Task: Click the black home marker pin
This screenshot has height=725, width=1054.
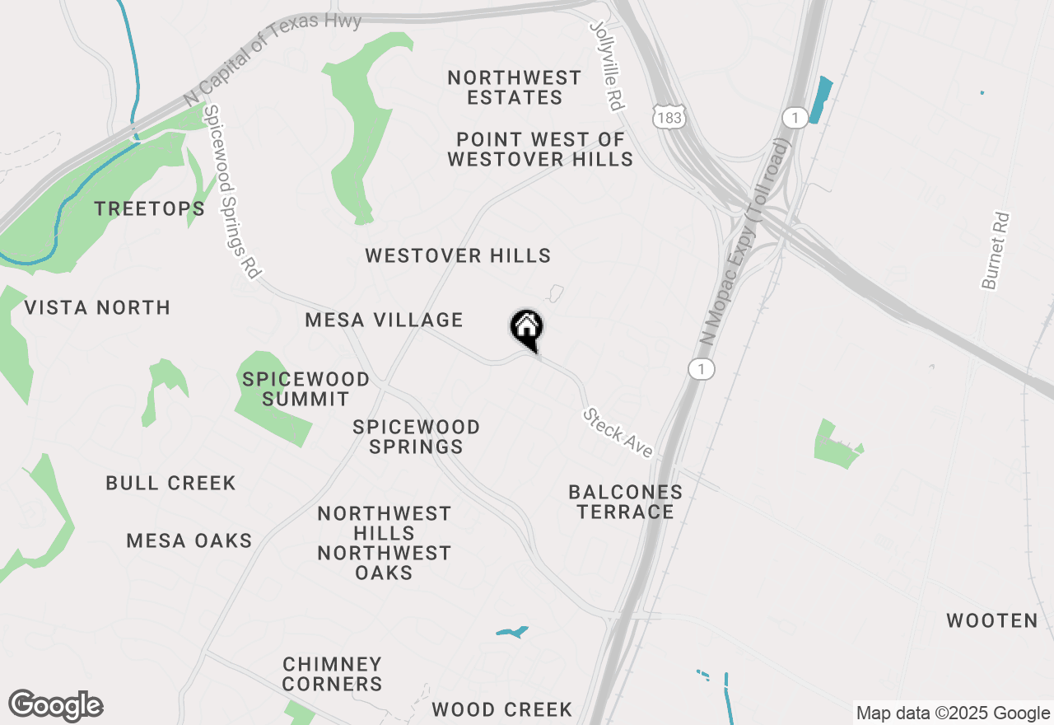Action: point(527,329)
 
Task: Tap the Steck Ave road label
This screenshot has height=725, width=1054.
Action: point(618,433)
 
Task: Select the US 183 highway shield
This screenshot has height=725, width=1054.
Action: point(668,117)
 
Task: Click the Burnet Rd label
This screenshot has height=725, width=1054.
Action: point(996,251)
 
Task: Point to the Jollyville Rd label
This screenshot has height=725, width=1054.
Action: point(609,66)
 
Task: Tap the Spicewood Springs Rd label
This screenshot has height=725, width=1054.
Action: point(231,191)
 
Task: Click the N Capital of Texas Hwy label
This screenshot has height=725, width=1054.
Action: point(273,58)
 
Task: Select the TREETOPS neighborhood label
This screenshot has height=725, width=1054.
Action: point(150,209)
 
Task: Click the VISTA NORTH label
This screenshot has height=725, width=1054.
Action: point(97,308)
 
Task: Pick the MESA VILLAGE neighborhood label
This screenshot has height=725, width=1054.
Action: point(385,320)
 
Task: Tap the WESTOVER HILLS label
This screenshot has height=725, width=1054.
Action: point(458,256)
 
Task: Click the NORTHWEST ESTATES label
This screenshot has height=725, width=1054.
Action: point(515,87)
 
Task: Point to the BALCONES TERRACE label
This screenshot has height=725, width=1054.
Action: point(625,502)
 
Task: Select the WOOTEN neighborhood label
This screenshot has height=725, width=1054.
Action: point(992,621)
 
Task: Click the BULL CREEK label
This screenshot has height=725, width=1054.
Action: point(170,484)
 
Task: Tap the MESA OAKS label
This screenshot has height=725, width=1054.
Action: point(189,541)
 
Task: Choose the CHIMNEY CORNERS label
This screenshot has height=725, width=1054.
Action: point(332,674)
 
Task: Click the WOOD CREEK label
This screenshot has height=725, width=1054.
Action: point(501,709)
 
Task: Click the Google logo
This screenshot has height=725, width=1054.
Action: point(56,705)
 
